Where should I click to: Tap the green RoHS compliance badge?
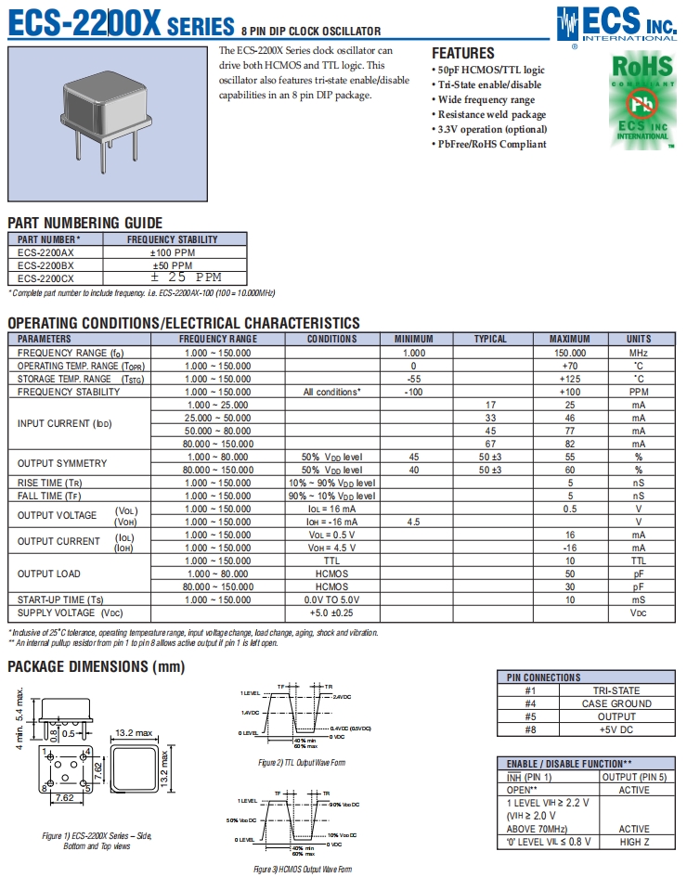pyautogui.click(x=642, y=100)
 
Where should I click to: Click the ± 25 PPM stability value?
pyautogui.click(x=187, y=277)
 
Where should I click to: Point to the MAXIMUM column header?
pyautogui.click(x=569, y=339)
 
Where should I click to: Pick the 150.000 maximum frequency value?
pyautogui.click(x=569, y=353)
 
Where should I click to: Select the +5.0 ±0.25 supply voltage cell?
pyautogui.click(x=331, y=613)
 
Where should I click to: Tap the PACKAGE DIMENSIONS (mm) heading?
pyautogui.click(x=96, y=666)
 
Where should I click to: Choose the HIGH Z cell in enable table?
pyautogui.click(x=633, y=842)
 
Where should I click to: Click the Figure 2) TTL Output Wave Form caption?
pyautogui.click(x=302, y=762)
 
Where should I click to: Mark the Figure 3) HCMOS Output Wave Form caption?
pyautogui.click(x=303, y=870)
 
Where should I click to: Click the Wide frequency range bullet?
pyautogui.click(x=486, y=99)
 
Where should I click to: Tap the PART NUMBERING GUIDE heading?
pyautogui.click(x=84, y=223)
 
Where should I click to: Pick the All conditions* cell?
pyautogui.click(x=331, y=392)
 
